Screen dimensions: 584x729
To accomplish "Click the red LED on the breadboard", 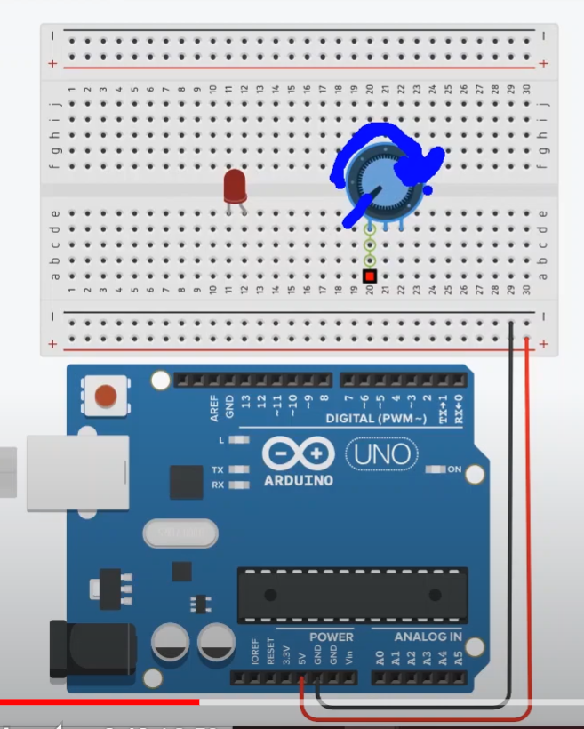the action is (x=235, y=187).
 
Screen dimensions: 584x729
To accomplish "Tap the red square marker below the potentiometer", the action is (x=370, y=276).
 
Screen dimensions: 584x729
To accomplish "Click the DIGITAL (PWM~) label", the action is (x=376, y=418).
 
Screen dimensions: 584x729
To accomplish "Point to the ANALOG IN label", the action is (x=428, y=637).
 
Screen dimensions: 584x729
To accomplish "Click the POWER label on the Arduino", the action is (x=331, y=637).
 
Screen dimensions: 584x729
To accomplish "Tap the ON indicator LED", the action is (x=436, y=469).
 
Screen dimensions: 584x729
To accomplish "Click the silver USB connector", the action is (x=53, y=472).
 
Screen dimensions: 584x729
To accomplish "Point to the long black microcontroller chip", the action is (x=352, y=594).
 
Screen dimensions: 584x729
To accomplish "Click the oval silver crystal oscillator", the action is (x=180, y=533).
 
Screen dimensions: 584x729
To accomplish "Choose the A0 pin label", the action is (x=380, y=658).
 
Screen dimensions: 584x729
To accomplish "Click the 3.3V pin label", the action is (x=285, y=655).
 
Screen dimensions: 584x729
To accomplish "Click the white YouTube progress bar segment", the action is (x=391, y=702).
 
